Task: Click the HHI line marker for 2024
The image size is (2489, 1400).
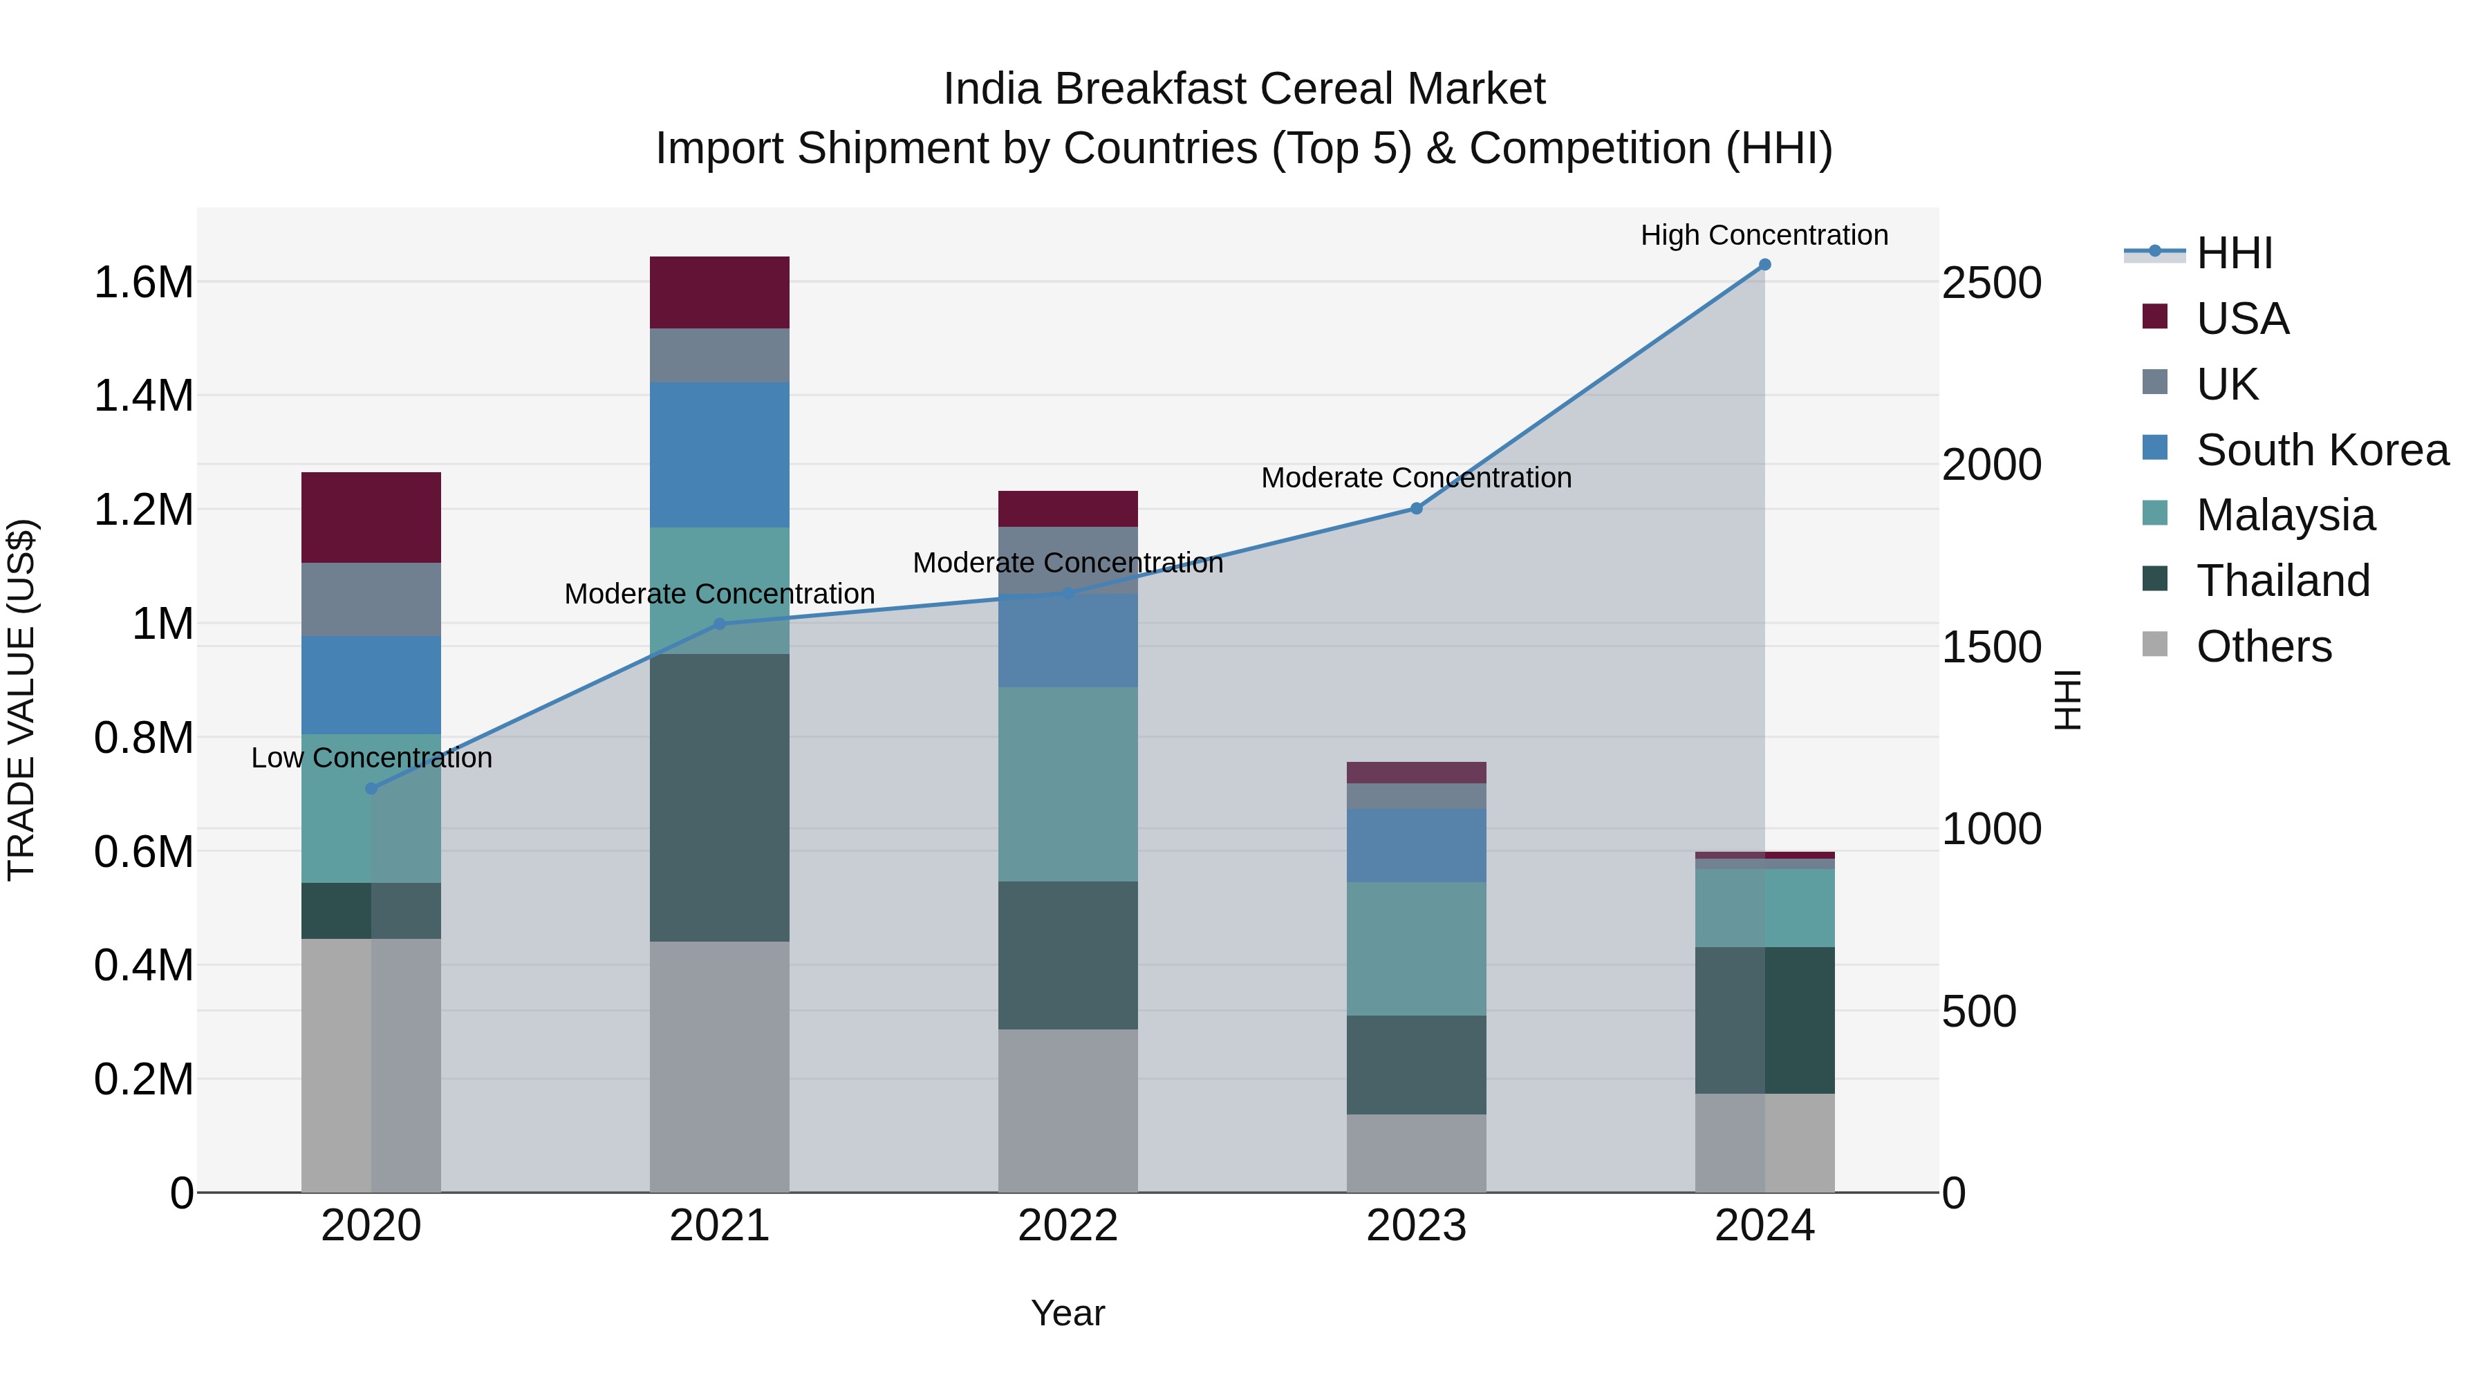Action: click(x=1764, y=265)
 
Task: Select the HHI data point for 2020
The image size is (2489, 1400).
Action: click(x=371, y=788)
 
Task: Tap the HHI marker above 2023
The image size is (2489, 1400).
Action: click(x=1417, y=508)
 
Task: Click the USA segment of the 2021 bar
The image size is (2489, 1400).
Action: click(x=719, y=292)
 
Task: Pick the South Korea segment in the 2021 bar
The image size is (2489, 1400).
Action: click(x=719, y=454)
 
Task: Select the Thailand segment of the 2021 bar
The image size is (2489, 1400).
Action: click(x=719, y=797)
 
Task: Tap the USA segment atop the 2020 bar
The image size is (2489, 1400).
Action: click(x=371, y=517)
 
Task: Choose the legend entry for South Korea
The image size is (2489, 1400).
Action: click(x=2322, y=450)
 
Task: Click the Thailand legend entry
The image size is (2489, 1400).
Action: click(x=2282, y=581)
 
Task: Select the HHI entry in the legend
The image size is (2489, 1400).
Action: click(x=2234, y=253)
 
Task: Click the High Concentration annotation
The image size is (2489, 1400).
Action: click(x=1764, y=235)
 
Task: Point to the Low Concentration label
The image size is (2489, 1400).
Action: click(x=371, y=758)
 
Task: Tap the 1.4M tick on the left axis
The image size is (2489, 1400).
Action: click(x=143, y=396)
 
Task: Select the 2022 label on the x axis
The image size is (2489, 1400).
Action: click(x=1068, y=1226)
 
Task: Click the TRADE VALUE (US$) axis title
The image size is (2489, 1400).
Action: click(x=21, y=700)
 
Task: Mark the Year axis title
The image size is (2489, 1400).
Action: click(x=1068, y=1313)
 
